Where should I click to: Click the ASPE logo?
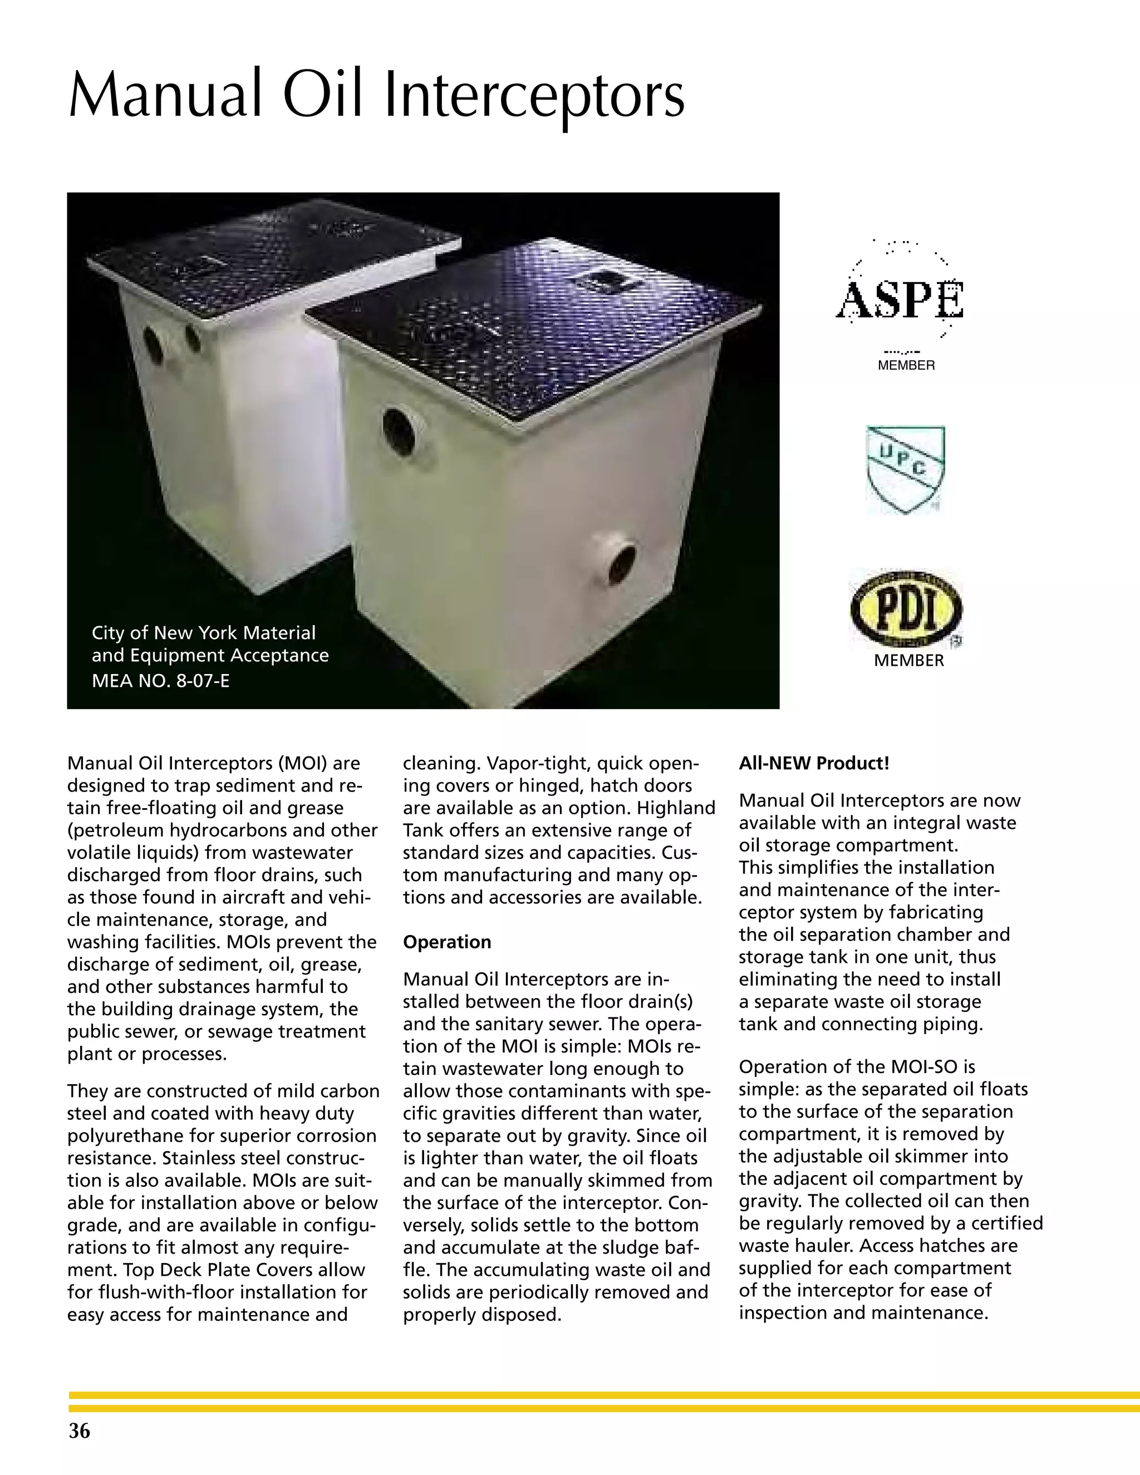tap(900, 299)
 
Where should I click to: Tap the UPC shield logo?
tap(905, 468)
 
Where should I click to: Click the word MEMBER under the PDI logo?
tap(908, 661)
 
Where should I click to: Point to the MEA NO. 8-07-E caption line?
tap(161, 681)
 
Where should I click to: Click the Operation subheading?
tap(446, 942)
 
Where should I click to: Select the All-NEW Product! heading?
tap(813, 764)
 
